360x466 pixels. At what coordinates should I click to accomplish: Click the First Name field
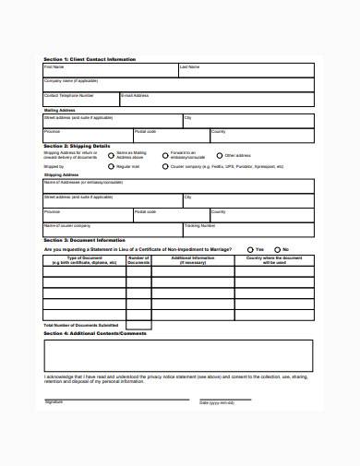pos(110,71)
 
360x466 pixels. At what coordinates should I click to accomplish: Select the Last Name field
pos(245,71)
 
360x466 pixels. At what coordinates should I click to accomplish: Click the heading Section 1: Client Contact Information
pos(90,59)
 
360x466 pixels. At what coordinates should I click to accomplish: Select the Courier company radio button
pos(165,166)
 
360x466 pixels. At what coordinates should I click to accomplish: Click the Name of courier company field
pos(112,228)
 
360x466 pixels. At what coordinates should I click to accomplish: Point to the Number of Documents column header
pos(138,261)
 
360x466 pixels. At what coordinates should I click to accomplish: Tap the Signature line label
pos(54,403)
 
